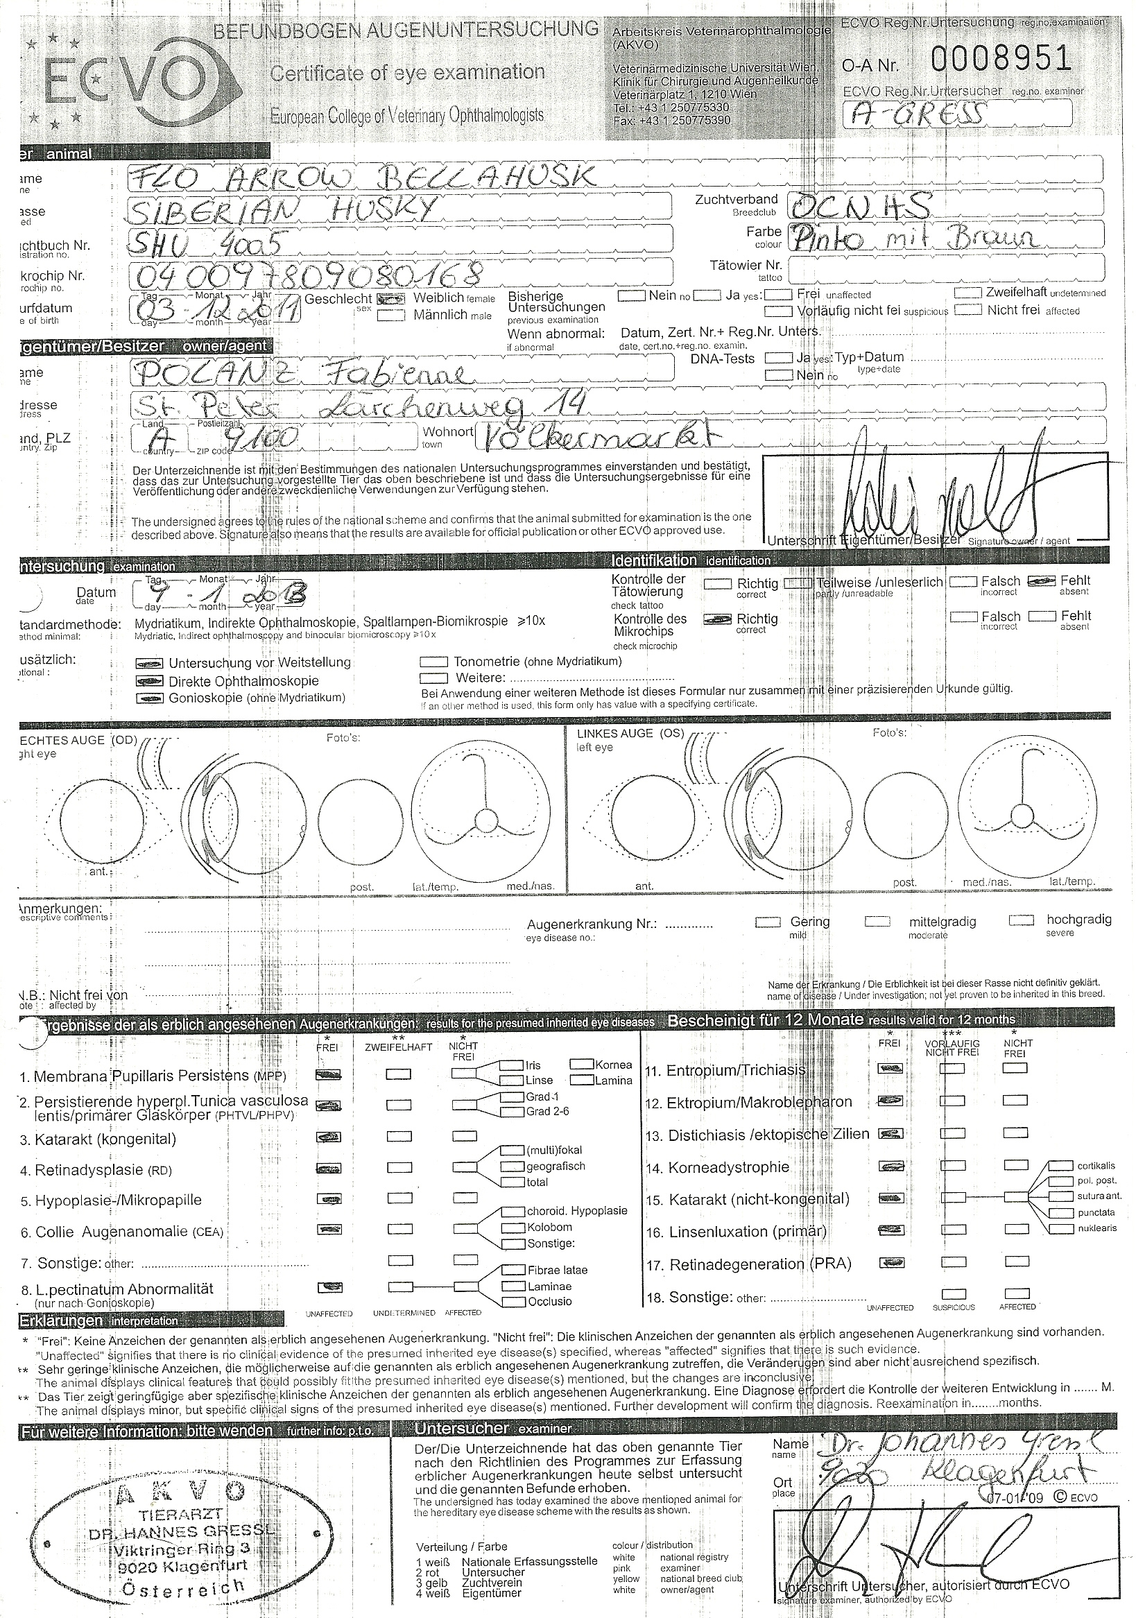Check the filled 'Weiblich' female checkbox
pos(391,298)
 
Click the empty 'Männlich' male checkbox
pos(391,316)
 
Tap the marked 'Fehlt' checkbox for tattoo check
pos(1041,581)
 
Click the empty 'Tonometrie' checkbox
pos(434,662)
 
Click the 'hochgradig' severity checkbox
pos(1021,920)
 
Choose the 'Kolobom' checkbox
pos(512,1228)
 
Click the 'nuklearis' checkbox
pos(1060,1228)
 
